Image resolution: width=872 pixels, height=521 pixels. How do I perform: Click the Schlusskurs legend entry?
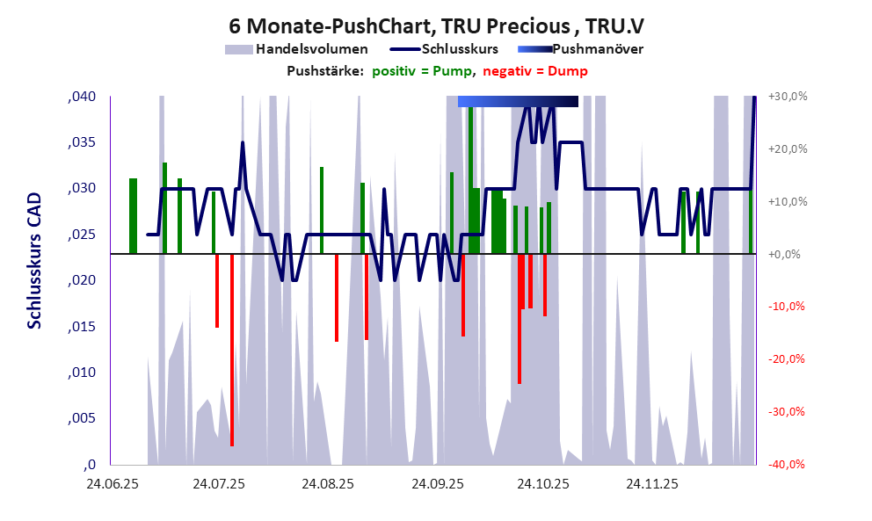tap(458, 49)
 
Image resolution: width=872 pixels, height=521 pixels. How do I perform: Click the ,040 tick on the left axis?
tap(82, 97)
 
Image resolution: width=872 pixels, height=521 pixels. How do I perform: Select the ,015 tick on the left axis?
tap(82, 327)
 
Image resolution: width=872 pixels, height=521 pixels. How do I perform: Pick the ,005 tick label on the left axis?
tap(82, 419)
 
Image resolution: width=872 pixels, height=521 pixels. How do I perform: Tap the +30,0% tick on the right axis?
tap(788, 97)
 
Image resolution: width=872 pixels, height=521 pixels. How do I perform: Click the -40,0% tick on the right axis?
tap(788, 465)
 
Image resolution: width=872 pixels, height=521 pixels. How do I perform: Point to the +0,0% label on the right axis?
tap(789, 254)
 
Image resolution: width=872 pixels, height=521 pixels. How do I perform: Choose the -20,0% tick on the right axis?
tap(788, 359)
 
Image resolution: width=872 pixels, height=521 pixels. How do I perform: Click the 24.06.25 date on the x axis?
tap(111, 484)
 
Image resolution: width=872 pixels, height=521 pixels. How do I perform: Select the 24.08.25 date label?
tap(327, 484)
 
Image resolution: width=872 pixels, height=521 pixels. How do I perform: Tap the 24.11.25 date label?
tap(651, 484)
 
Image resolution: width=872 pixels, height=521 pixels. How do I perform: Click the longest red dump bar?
tap(232, 351)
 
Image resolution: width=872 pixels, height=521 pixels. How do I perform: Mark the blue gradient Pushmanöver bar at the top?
tap(518, 102)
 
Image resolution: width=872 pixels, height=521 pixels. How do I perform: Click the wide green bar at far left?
tap(133, 215)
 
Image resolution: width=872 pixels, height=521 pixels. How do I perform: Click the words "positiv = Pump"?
tap(422, 71)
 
